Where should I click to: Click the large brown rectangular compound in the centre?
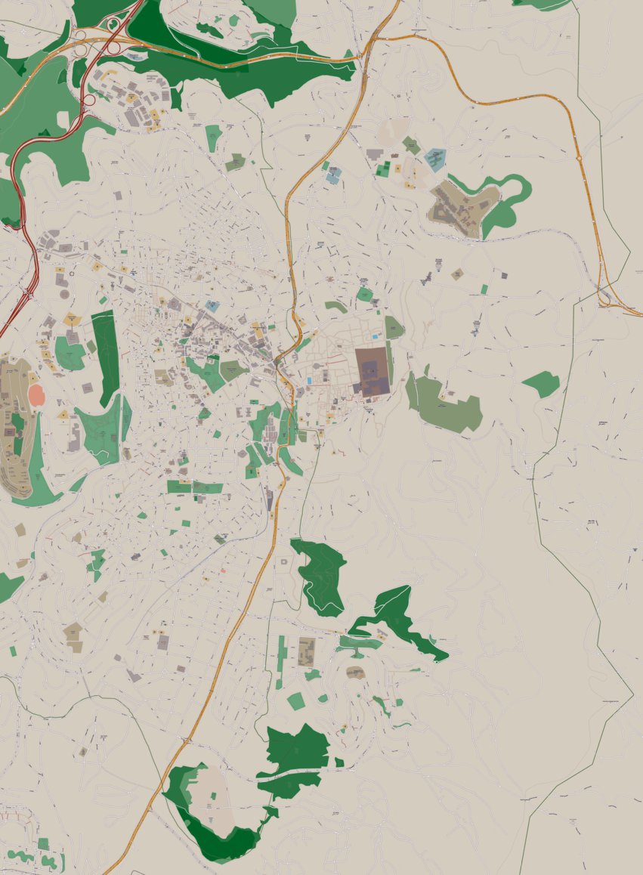(x=373, y=372)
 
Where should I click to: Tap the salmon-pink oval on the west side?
(x=36, y=395)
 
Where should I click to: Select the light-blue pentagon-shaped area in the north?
(x=434, y=159)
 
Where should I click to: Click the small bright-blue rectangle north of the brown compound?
(x=374, y=335)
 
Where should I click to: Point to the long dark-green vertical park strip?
(x=106, y=355)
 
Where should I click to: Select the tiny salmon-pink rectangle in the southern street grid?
(x=223, y=570)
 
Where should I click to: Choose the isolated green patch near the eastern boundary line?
(x=542, y=384)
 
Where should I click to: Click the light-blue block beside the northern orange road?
(x=333, y=175)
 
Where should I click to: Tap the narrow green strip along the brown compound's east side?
(x=390, y=363)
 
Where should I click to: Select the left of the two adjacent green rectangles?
(x=179, y=487)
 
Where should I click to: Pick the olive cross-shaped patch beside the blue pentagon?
(x=411, y=145)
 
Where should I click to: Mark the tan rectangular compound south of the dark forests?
(x=306, y=651)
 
